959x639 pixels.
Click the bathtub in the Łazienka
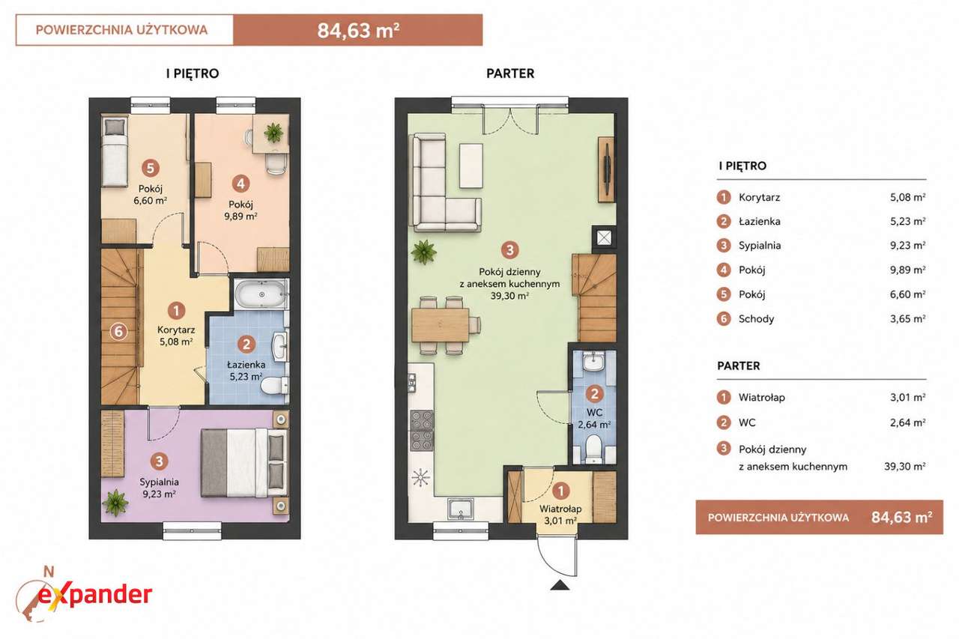pyautogui.click(x=261, y=294)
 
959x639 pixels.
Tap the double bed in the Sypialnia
pyautogui.click(x=244, y=464)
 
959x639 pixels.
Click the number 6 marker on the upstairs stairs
pyautogui.click(x=118, y=331)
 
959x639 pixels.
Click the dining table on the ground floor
pyautogui.click(x=441, y=325)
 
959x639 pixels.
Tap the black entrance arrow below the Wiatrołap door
pyautogui.click(x=560, y=586)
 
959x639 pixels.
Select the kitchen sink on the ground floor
pyautogui.click(x=460, y=508)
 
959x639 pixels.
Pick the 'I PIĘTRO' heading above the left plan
pyautogui.click(x=193, y=73)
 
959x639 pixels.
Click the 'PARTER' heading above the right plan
pyautogui.click(x=510, y=73)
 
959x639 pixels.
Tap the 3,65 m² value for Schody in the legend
pyautogui.click(x=907, y=318)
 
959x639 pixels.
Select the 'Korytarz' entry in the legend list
pyautogui.click(x=760, y=197)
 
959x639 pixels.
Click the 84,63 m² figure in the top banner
pyautogui.click(x=358, y=31)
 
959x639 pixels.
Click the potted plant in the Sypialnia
pyautogui.click(x=115, y=503)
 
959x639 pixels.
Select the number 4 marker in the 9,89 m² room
pyautogui.click(x=240, y=184)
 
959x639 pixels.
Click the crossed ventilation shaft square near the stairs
pyautogui.click(x=604, y=238)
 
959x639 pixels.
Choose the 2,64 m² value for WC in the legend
pyautogui.click(x=907, y=423)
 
